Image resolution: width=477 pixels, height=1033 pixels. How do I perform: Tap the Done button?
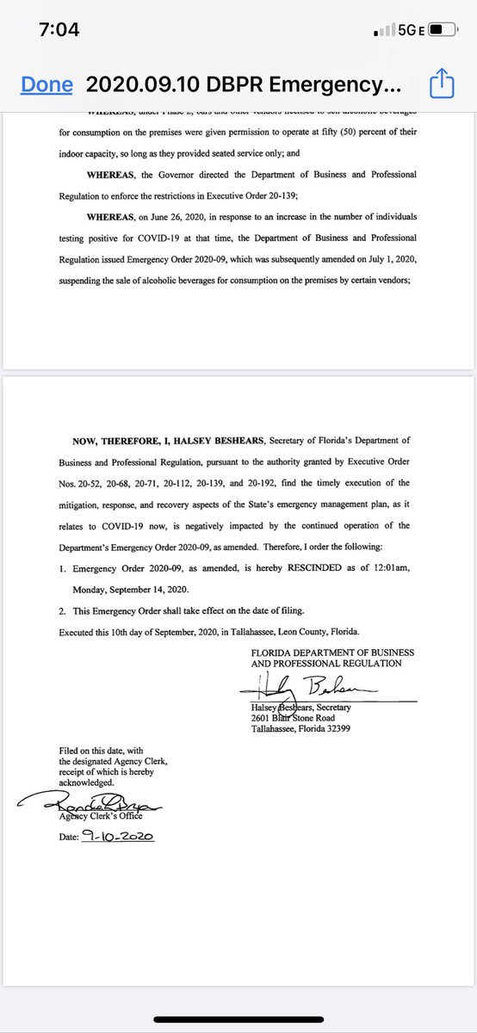[x=46, y=84]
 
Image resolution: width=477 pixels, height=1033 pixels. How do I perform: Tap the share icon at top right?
[x=440, y=84]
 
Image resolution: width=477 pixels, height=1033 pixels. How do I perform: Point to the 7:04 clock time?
[x=59, y=30]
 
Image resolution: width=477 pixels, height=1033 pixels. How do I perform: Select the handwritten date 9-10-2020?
[x=116, y=835]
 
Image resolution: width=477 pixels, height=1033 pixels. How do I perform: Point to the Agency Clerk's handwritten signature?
[x=90, y=804]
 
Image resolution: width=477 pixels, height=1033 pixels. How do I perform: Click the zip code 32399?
[x=332, y=728]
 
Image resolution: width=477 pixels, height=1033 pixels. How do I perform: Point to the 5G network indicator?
[x=406, y=31]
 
